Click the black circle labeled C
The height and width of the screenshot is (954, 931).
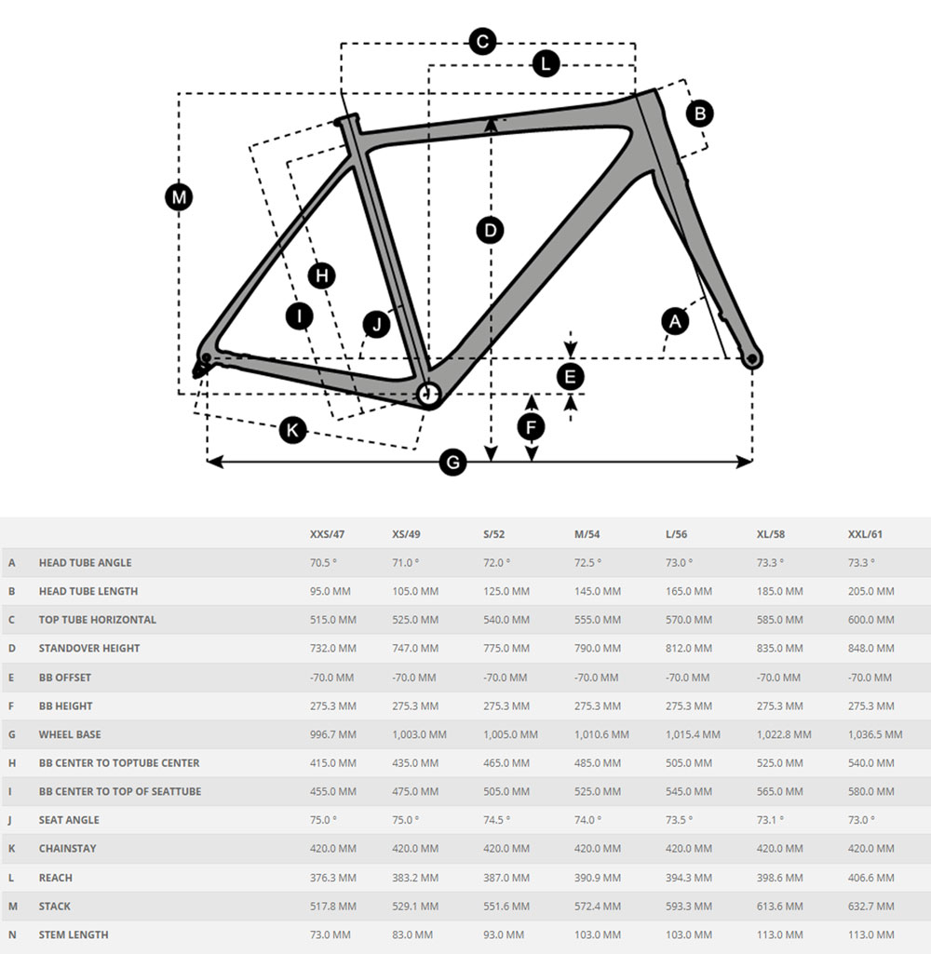coord(482,42)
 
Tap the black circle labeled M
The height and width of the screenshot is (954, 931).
coord(179,197)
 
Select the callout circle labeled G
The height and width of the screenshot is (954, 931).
coord(452,462)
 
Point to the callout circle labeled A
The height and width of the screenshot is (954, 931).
coord(675,321)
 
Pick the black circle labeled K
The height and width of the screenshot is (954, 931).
coord(293,430)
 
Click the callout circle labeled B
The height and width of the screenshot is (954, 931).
coord(699,114)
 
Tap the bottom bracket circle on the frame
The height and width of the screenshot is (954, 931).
coord(427,395)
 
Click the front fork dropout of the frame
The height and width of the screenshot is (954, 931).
coord(752,357)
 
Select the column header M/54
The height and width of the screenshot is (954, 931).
coord(587,534)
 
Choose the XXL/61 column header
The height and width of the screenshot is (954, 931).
coord(865,534)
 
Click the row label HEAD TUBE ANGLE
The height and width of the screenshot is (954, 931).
coord(85,563)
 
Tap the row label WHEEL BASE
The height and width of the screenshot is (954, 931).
coord(70,734)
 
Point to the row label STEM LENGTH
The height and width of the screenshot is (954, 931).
coord(74,934)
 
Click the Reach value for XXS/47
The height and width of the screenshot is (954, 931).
coord(332,878)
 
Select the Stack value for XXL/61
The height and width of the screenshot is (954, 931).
coord(870,907)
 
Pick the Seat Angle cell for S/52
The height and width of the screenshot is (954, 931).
coord(496,820)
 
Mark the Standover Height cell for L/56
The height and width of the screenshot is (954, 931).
coord(689,649)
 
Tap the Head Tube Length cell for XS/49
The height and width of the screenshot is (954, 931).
coord(415,591)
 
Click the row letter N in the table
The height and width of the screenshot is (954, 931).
coord(12,934)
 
